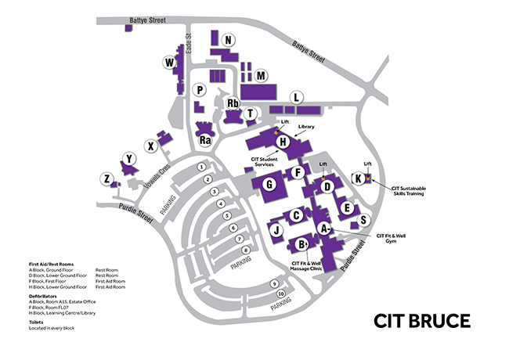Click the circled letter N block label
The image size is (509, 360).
tap(228, 40)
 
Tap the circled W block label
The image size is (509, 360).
tap(168, 62)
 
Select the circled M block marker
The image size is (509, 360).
tap(262, 75)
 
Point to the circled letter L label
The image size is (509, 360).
tap(296, 97)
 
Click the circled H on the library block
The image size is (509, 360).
tap(283, 142)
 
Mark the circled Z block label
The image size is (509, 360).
tap(106, 179)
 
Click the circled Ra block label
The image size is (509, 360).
tap(205, 140)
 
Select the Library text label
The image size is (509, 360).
tap(306, 127)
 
